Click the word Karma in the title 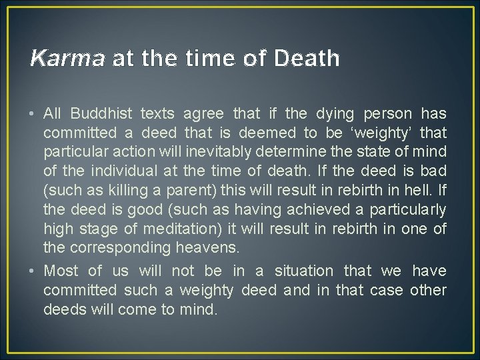(x=67, y=59)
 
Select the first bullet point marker (x=33, y=114)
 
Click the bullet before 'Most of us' (x=33, y=271)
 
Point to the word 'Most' (x=61, y=271)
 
